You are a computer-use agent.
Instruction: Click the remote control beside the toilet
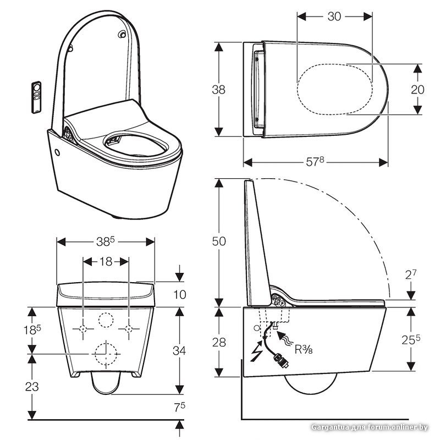point(37,97)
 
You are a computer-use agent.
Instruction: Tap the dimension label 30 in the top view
point(334,16)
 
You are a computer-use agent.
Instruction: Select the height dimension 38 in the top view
point(218,89)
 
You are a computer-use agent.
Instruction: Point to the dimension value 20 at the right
point(417,89)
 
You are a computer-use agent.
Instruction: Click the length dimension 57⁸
point(316,162)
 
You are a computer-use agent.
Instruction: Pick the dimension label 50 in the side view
point(218,240)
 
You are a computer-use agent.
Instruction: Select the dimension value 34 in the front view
point(179,350)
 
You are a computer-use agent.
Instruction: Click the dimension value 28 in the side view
point(218,342)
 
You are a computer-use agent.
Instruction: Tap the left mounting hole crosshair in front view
point(83,329)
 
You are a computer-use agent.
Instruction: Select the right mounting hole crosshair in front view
point(129,329)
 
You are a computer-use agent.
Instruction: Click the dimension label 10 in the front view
point(179,295)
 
